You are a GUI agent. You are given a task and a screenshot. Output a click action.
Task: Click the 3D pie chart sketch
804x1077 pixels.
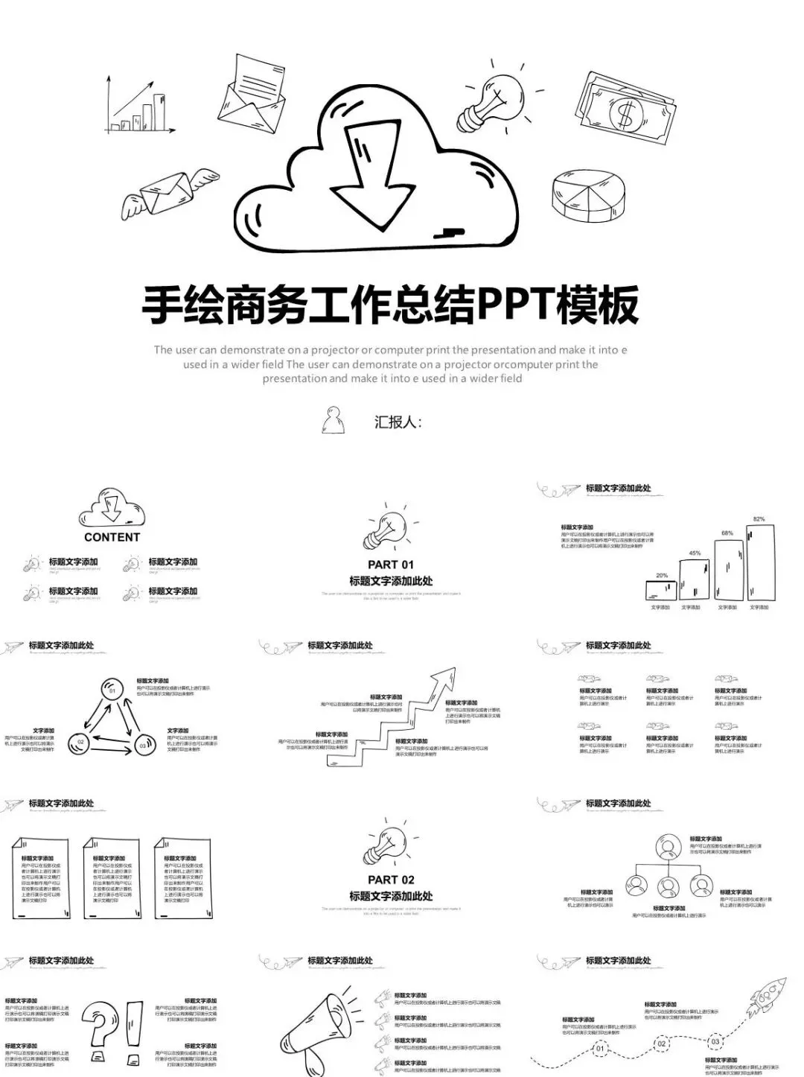coord(588,195)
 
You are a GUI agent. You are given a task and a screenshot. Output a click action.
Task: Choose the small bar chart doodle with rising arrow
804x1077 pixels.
coord(141,106)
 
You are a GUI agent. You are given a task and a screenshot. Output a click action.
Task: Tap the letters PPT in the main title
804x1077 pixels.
coord(514,305)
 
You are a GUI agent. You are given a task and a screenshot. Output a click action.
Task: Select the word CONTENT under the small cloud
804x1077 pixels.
coord(112,537)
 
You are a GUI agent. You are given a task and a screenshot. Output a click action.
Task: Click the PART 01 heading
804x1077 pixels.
coord(391,565)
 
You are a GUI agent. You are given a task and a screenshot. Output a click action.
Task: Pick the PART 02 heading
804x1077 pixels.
coord(391,880)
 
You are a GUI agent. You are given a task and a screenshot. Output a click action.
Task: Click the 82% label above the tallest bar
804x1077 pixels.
coord(759,519)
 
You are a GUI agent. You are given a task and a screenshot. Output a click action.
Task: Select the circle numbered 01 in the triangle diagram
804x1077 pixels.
coord(112,690)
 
